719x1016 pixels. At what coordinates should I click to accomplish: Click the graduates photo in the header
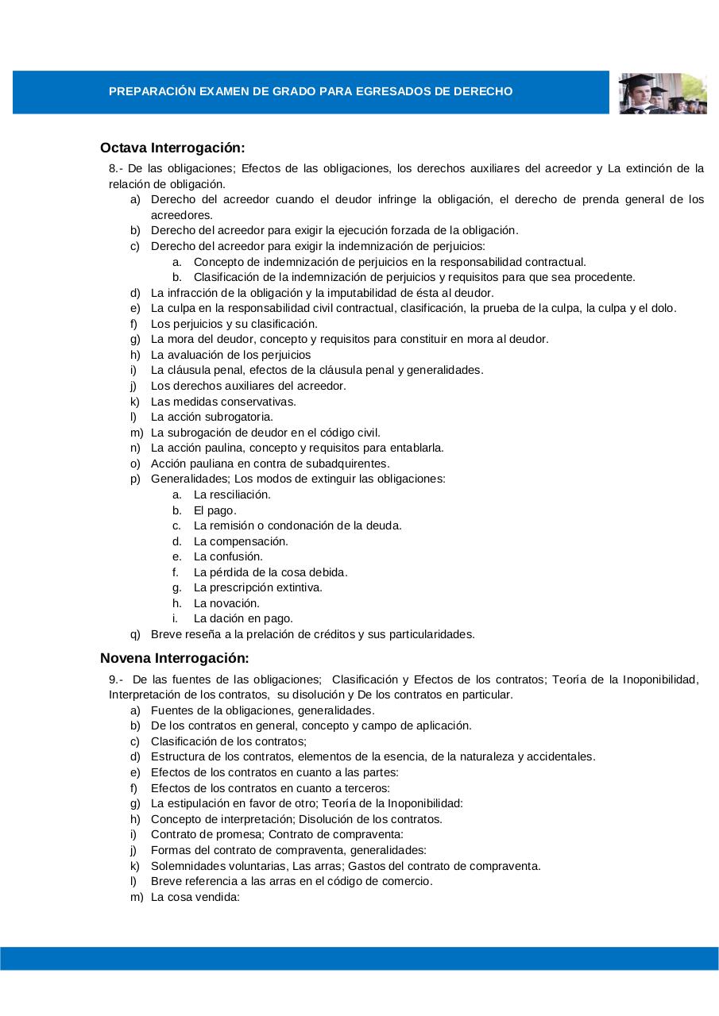tap(662, 93)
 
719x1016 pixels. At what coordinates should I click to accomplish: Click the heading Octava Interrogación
tap(172, 148)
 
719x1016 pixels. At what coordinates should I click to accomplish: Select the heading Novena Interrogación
tap(175, 658)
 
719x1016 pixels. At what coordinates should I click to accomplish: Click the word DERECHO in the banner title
tap(482, 92)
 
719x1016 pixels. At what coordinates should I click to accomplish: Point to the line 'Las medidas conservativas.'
tap(223, 402)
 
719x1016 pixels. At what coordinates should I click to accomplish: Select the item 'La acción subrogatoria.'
tap(211, 417)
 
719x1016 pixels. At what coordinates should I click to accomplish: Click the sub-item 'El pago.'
tap(215, 510)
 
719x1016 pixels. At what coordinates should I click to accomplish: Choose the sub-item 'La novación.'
tap(226, 603)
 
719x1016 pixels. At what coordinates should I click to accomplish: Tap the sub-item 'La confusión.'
tap(228, 556)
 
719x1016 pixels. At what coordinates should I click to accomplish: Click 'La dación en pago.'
tap(243, 618)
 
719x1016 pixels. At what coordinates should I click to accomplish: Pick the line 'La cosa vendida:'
tap(195, 897)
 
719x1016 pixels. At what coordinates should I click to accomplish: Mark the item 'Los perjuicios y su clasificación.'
tap(234, 324)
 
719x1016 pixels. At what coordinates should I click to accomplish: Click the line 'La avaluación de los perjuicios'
tap(230, 355)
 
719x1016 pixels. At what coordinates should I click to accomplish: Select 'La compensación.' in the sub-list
tap(241, 541)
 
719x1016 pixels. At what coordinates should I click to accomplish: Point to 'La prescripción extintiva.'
tap(257, 587)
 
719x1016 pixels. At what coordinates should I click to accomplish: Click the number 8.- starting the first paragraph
tap(116, 168)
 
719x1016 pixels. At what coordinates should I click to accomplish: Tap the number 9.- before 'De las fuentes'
tap(116, 679)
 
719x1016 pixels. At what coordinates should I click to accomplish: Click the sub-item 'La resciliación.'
tap(232, 495)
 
